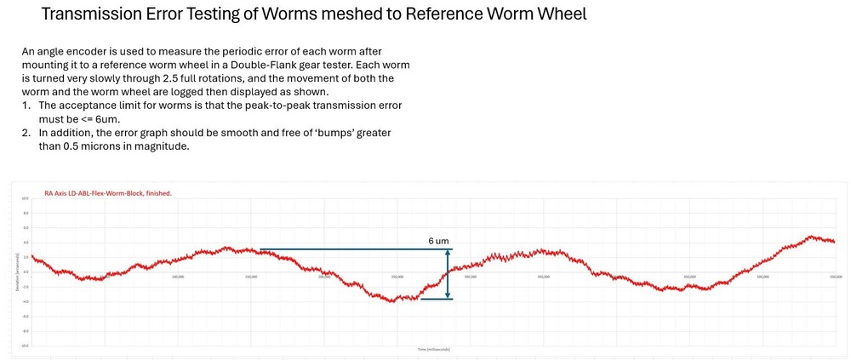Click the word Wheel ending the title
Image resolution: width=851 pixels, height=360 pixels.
557,15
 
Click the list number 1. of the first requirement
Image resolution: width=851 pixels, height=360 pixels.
27,105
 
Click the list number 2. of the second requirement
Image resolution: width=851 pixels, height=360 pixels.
27,133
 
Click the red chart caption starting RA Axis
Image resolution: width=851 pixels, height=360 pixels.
108,193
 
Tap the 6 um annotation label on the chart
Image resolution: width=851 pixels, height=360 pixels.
438,242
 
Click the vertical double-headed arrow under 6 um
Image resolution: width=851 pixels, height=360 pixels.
448,274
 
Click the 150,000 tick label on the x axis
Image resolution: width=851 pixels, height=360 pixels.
251,276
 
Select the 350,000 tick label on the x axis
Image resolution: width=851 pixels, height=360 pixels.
544,276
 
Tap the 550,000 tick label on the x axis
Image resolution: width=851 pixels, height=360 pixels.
835,276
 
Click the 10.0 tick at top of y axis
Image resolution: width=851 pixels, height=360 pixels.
26,197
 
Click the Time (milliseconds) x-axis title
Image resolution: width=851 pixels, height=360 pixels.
433,350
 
